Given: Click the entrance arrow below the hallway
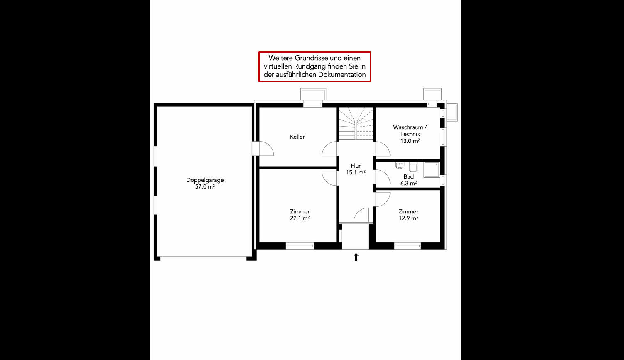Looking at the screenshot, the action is tap(356, 257).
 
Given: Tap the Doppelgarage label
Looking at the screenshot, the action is tap(205, 180).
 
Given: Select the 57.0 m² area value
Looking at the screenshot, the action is tap(205, 187).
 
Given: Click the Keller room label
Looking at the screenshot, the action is tap(297, 137).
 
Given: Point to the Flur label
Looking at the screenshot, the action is tap(356, 166).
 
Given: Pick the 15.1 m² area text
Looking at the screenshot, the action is tap(356, 173).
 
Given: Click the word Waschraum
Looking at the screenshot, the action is tap(408, 127).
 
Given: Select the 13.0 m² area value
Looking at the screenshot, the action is tap(410, 141).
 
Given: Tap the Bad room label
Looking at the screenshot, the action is tap(409, 176).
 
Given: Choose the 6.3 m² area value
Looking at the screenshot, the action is tap(409, 183).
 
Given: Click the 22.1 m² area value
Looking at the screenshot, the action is tap(300, 218).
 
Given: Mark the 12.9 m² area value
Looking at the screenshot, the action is tap(408, 218).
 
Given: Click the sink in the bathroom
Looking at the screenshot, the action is tap(400, 165).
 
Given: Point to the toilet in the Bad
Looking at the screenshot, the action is tap(413, 167).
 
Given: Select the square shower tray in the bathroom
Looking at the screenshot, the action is tap(432, 170).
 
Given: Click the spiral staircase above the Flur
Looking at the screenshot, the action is tap(356, 123).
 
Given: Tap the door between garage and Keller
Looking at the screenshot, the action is tap(263, 149).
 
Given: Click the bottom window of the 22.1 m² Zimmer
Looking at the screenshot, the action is tap(300, 246).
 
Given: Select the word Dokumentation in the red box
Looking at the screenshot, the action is tap(342, 75).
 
